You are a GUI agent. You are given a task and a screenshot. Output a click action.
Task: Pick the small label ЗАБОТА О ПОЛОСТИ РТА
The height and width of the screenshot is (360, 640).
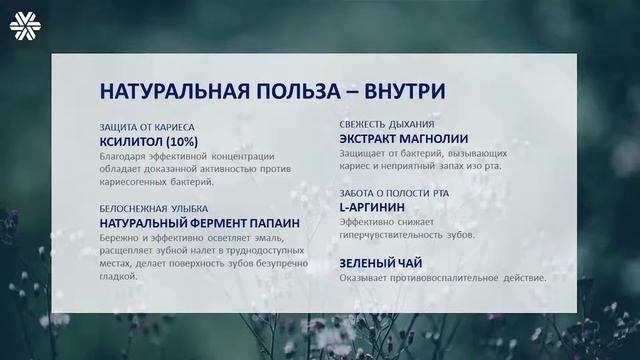pyautogui.click(x=399, y=192)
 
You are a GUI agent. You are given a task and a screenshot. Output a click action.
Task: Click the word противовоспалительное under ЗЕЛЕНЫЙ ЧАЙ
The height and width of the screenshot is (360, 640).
pyautogui.click(x=440, y=278)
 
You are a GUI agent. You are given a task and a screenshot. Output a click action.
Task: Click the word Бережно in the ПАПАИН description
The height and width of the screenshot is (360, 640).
pyautogui.click(x=120, y=237)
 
